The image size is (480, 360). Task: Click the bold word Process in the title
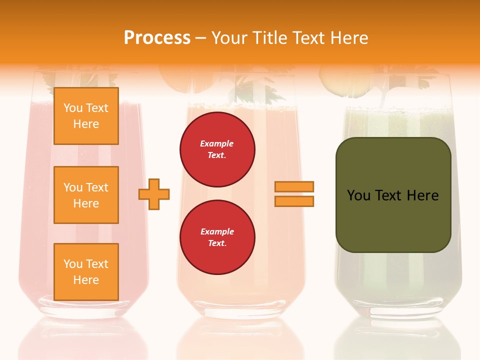click(x=157, y=38)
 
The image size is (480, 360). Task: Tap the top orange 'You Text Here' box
click(x=86, y=116)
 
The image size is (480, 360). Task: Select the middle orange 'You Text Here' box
click(x=86, y=195)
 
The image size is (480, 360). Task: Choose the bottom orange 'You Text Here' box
click(x=86, y=271)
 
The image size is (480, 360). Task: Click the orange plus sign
click(x=154, y=194)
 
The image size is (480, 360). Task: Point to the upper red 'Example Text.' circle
click(x=217, y=149)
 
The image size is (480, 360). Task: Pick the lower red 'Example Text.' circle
click(x=217, y=237)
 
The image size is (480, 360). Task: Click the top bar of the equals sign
click(x=294, y=186)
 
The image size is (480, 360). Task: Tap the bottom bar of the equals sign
click(x=294, y=201)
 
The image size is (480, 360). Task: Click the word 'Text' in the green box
click(x=389, y=195)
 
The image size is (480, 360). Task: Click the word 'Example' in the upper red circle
click(x=216, y=143)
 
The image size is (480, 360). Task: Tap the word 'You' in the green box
click(x=358, y=195)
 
